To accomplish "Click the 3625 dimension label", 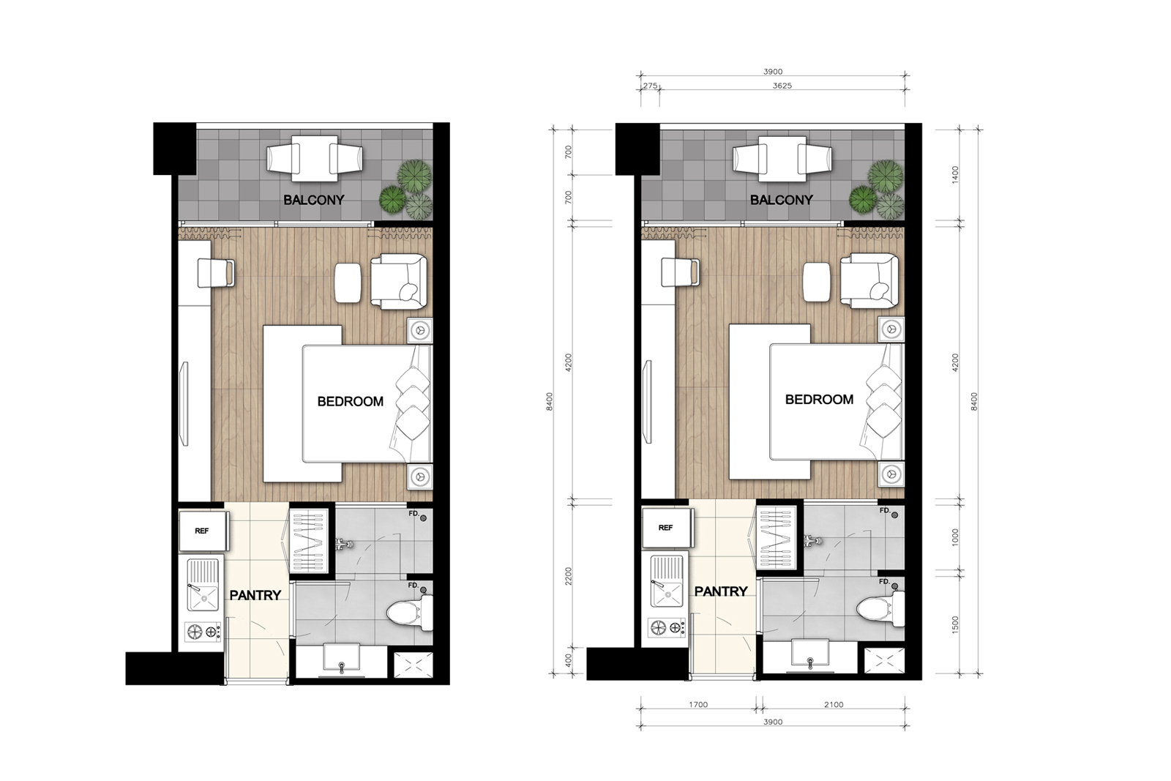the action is tap(782, 86).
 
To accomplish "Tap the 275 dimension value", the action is tap(650, 86).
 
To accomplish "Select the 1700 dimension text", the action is tap(698, 705).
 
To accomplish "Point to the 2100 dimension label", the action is tap(834, 705).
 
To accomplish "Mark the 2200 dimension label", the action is tap(569, 577).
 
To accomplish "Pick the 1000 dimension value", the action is tap(956, 538).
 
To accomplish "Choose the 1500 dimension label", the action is tap(956, 624).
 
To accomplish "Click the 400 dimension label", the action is tap(569, 660).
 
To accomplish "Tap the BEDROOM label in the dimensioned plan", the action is tap(819, 400).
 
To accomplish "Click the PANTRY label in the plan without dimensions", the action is tap(255, 595).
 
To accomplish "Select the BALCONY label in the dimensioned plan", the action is tap(781, 200).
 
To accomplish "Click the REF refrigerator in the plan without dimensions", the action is tap(203, 531).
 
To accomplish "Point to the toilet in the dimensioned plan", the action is tap(881, 608).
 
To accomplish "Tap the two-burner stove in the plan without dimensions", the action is tap(203, 632).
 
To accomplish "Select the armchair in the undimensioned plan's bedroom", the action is tap(399, 281).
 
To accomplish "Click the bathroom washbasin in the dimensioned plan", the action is tap(809, 654).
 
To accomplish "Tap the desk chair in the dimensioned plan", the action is tap(680, 272).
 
